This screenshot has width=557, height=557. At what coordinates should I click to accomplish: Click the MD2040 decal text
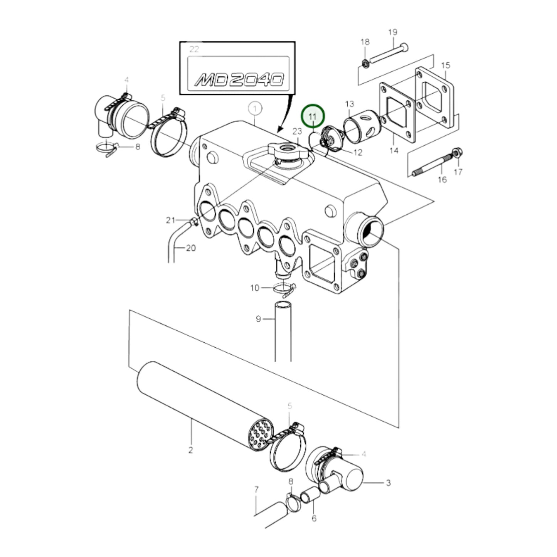tap(239, 80)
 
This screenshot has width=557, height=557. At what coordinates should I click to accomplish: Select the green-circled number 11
tap(313, 116)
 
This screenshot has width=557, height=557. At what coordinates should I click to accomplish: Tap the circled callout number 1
tap(255, 109)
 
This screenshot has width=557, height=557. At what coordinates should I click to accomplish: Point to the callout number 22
tap(194, 49)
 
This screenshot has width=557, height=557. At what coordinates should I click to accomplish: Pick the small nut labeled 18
tap(365, 63)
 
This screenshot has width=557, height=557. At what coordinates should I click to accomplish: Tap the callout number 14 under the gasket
tap(394, 150)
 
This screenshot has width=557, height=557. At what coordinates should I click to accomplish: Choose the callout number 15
tap(446, 65)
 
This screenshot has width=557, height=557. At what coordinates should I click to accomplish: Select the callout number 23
tap(297, 131)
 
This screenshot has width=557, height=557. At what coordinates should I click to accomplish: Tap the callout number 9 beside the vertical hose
tap(258, 319)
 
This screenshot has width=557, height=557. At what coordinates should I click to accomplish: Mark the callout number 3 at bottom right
tap(388, 483)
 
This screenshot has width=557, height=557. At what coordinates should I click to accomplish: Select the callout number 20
tap(191, 248)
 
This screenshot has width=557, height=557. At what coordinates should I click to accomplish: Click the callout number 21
tap(170, 220)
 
